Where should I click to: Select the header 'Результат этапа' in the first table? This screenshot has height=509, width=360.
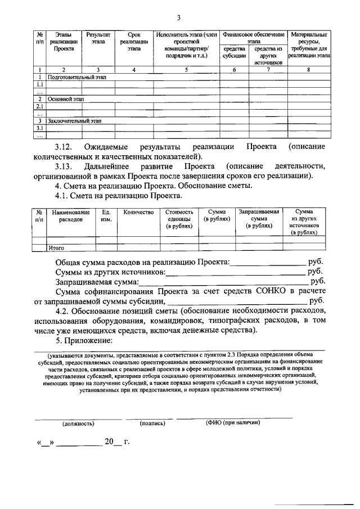pos(98,38)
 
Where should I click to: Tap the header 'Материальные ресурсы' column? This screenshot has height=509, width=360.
pos(309,46)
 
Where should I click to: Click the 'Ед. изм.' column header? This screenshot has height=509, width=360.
pos(106,216)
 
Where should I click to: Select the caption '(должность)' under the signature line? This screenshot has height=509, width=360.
pos(78,422)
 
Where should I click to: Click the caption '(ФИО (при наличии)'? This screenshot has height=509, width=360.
pos(232,422)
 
